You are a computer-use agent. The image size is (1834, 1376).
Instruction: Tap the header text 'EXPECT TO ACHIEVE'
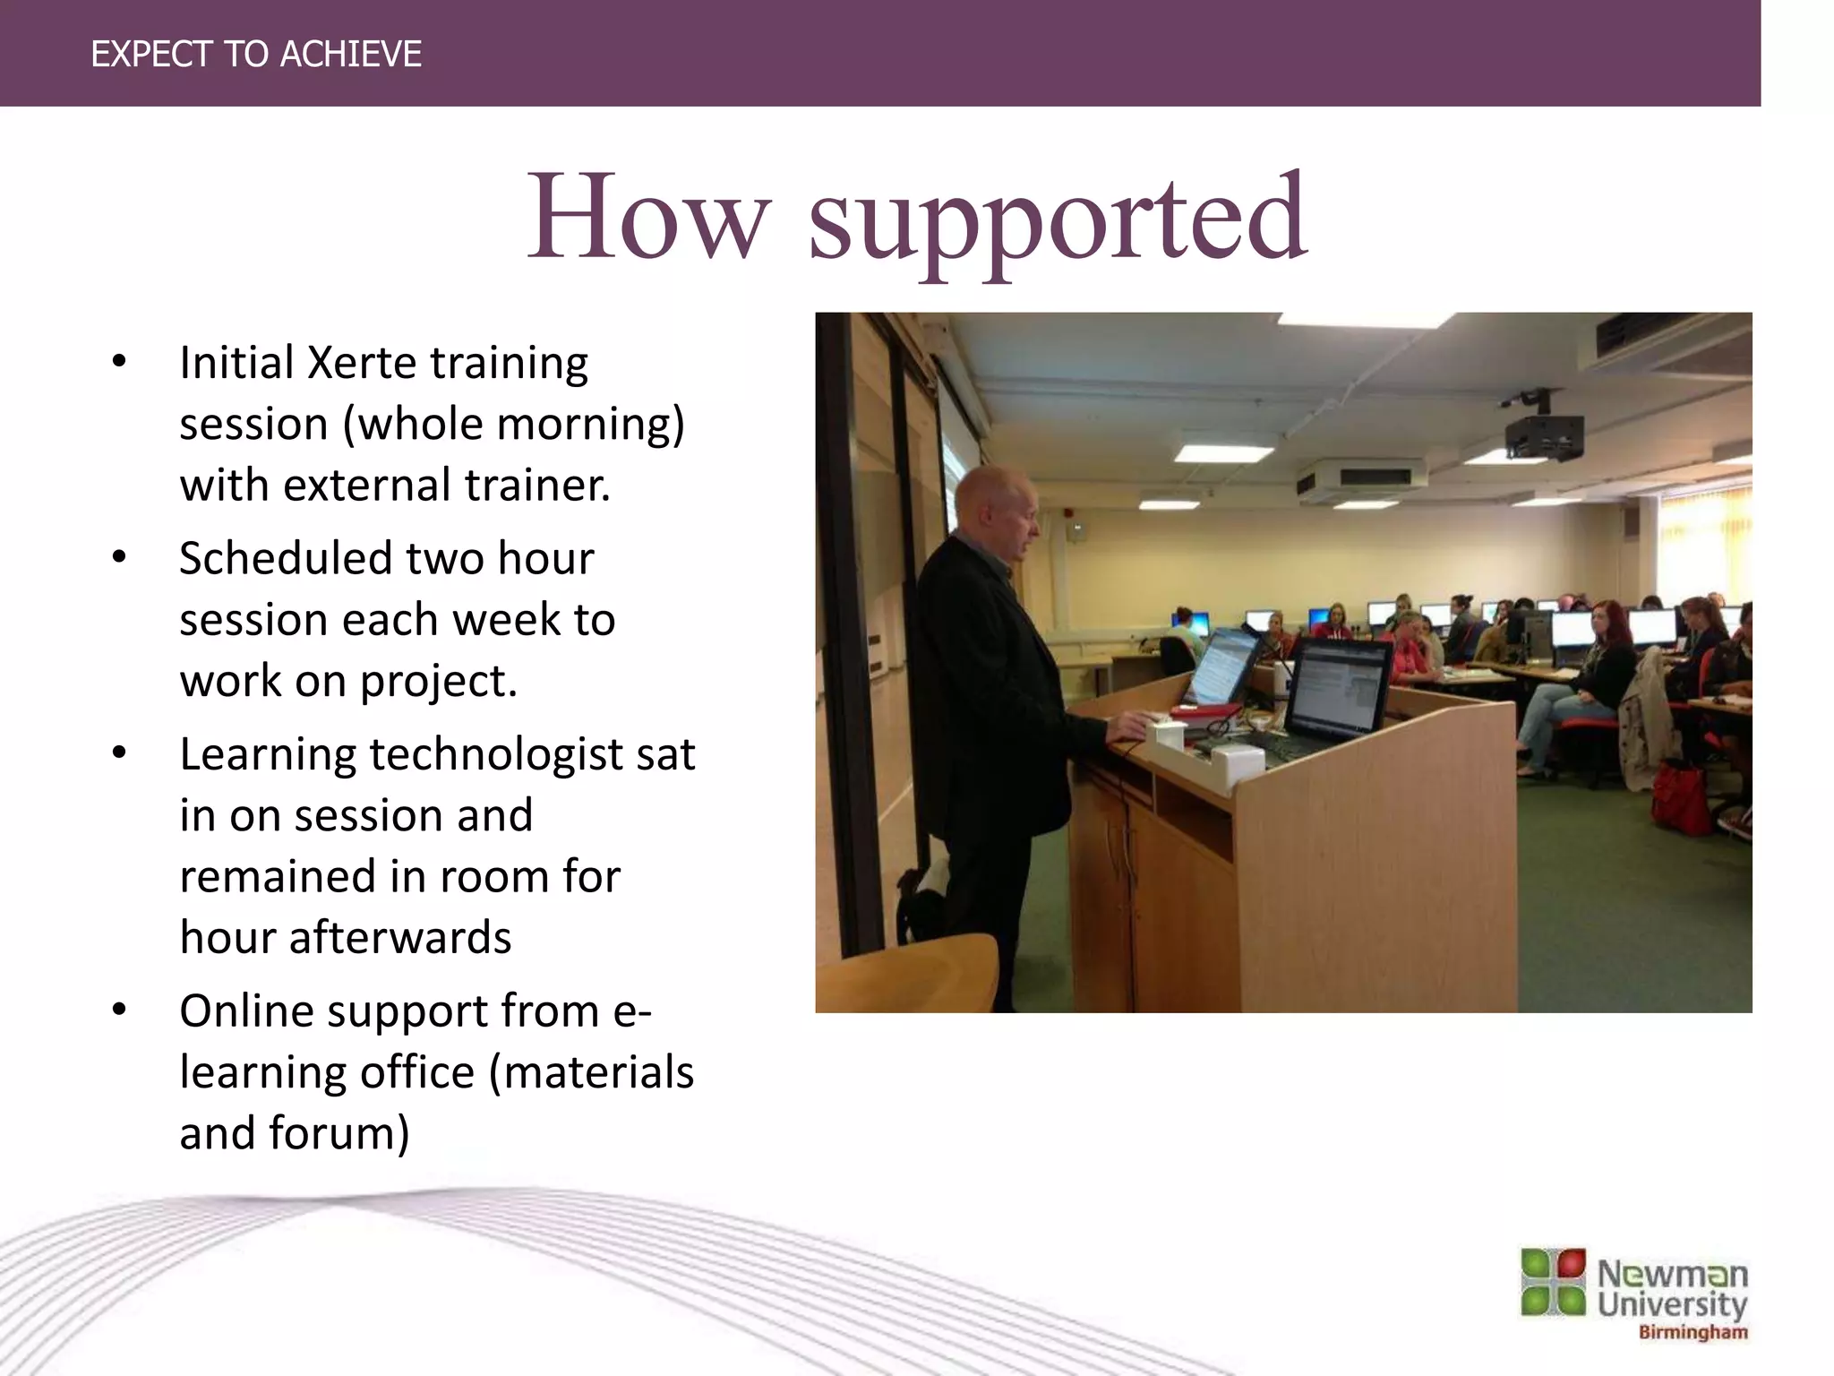click(256, 55)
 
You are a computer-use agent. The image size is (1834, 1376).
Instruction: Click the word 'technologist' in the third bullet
click(496, 755)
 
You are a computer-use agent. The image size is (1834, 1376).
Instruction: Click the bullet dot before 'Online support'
click(119, 1010)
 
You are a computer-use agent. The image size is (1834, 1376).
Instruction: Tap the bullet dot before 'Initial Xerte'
click(119, 362)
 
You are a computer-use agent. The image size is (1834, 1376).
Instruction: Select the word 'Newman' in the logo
click(1672, 1273)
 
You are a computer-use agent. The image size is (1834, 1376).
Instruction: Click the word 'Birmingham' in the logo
click(1693, 1332)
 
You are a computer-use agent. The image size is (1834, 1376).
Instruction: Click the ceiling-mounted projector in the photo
click(1542, 434)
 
